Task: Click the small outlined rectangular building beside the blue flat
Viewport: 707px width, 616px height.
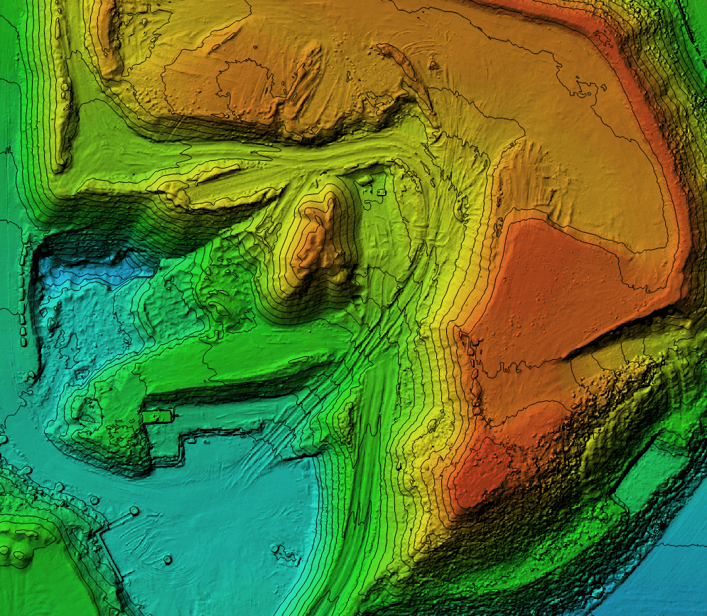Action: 158,415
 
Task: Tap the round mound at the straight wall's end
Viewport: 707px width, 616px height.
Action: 134,511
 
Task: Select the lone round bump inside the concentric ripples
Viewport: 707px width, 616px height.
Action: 168,560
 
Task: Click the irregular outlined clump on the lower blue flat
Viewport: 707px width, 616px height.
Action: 284,551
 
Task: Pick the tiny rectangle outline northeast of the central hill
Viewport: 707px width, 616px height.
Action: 381,192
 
